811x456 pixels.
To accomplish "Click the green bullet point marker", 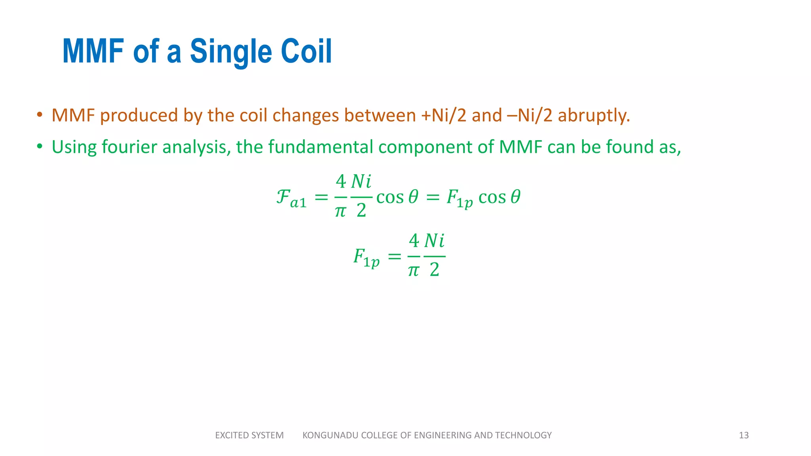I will point(39,147).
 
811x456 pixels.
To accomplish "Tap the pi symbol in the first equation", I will point(340,211).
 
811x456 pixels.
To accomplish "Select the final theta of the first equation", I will point(515,197).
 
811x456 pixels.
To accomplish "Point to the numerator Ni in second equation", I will point(434,241).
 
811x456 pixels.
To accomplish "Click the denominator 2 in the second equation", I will point(434,270).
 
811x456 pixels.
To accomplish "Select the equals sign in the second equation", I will point(394,257).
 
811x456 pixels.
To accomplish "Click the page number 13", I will point(743,435).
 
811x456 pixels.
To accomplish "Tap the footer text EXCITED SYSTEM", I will point(249,435).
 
